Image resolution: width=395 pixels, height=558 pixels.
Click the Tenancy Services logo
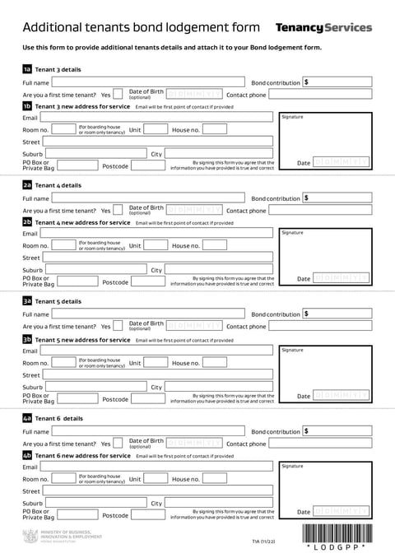coord(323,28)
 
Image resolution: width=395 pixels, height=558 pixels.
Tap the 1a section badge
coord(27,69)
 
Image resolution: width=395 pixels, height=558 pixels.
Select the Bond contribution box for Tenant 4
coord(337,198)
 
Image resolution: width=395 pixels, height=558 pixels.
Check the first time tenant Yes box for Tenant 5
coord(118,326)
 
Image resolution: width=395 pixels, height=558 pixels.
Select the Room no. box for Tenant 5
coord(63,362)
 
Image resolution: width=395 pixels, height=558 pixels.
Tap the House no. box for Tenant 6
coord(214,479)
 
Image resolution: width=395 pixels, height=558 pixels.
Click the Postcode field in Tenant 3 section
coord(148,165)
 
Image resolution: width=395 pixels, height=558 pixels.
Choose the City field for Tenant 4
coord(218,269)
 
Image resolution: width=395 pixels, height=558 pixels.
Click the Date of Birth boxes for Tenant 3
coord(194,94)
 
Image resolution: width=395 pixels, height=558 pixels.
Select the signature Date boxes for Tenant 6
coord(341,513)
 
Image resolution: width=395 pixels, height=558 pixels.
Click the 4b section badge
coord(27,455)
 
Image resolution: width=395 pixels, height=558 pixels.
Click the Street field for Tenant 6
coord(158,491)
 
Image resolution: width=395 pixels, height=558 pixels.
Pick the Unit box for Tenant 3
coord(156,129)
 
